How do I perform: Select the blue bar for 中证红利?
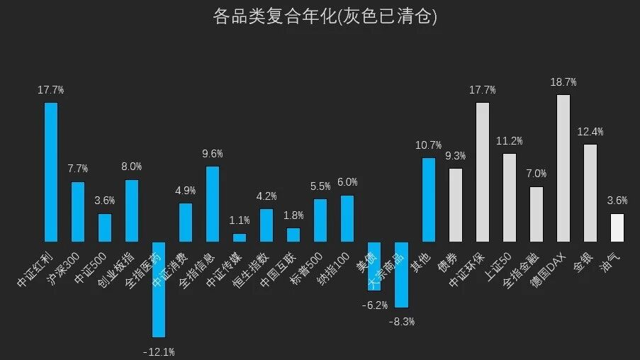pyautogui.click(x=51, y=171)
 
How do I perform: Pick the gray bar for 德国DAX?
pyautogui.click(x=563, y=168)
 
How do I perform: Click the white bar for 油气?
pyautogui.click(x=617, y=227)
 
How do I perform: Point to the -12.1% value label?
pyautogui.click(x=159, y=351)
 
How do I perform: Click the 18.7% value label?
pyautogui.click(x=563, y=82)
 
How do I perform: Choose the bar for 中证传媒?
pyautogui.click(x=240, y=237)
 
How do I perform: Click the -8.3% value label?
pyautogui.click(x=402, y=322)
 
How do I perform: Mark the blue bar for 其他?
pyautogui.click(x=429, y=199)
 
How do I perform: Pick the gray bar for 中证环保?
pyautogui.click(x=483, y=171)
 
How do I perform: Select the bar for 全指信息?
pyautogui.click(x=213, y=203)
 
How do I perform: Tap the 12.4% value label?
pyautogui.click(x=590, y=132)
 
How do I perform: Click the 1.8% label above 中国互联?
pyautogui.click(x=293, y=215)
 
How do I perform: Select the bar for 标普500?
pyautogui.click(x=320, y=220)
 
